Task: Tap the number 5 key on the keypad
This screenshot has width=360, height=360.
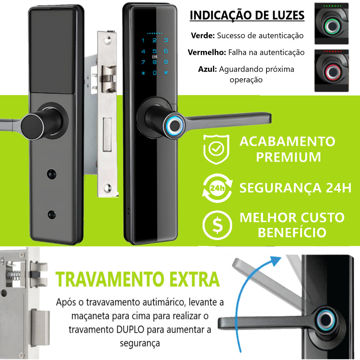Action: point(155,51)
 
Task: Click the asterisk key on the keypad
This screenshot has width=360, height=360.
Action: point(143,73)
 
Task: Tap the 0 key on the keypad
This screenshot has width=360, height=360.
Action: point(155,73)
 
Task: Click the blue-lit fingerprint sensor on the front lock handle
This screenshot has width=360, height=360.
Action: point(174,126)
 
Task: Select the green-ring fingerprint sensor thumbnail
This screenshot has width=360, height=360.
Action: point(332,24)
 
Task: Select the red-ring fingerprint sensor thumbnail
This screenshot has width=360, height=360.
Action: point(332,70)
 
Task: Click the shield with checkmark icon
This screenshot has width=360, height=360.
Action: point(216,149)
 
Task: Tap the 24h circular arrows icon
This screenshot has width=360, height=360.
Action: point(217,188)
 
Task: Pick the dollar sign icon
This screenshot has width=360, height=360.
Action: point(217,225)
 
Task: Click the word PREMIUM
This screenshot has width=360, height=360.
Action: point(288,157)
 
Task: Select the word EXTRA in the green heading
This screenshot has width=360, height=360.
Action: point(194,279)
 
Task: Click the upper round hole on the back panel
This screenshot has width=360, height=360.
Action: point(51,174)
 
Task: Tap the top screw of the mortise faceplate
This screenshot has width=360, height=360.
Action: point(107,40)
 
